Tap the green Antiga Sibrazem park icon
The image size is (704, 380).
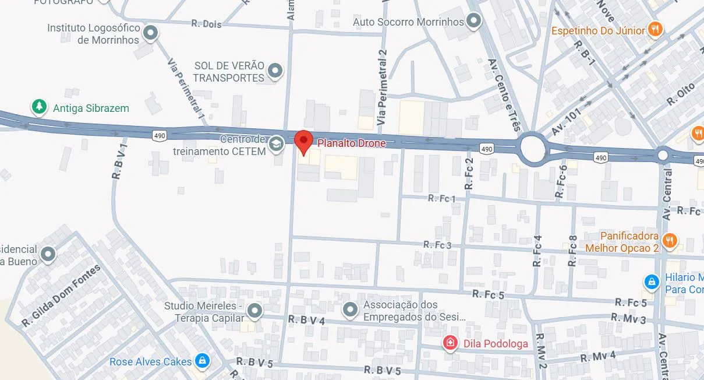click(39, 107)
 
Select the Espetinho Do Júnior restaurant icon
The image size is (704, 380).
click(656, 30)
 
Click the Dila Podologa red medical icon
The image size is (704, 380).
click(450, 343)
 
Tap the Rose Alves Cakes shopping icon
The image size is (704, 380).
click(202, 361)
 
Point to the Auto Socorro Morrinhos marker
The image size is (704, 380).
click(475, 22)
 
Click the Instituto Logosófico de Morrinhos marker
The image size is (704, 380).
click(151, 33)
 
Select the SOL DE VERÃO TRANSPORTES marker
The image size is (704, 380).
click(275, 71)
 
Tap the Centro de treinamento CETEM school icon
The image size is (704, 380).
click(276, 145)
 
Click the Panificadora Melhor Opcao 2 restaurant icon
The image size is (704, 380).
click(670, 240)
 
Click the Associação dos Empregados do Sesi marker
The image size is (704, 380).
click(350, 310)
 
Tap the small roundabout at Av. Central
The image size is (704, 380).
click(663, 155)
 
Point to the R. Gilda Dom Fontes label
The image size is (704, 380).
click(61, 295)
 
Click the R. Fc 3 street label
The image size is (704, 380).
click(437, 245)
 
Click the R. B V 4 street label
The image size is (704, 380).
click(306, 320)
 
